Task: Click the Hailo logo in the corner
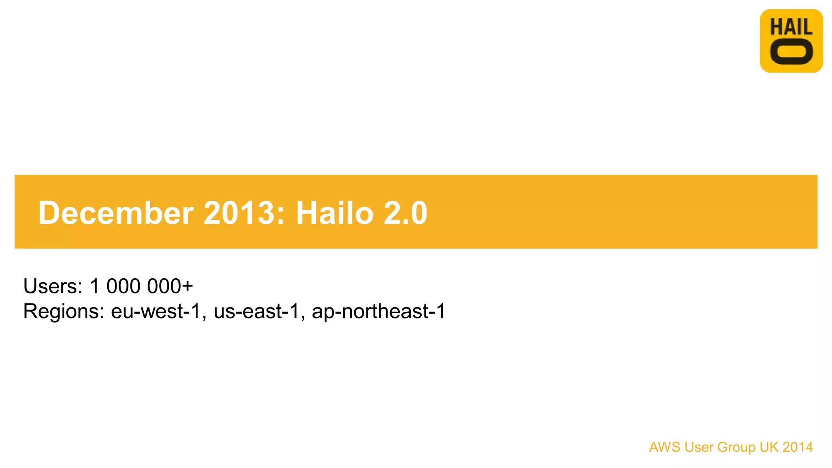[x=791, y=41]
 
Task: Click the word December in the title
[x=116, y=212]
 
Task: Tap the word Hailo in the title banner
[x=334, y=212]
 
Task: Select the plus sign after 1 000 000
[x=187, y=286]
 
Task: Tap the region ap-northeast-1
[x=378, y=311]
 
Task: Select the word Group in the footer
[x=737, y=447]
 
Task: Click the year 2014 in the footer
[x=797, y=447]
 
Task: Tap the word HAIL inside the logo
[x=791, y=27]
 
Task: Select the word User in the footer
[x=699, y=447]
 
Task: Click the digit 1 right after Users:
[x=95, y=286]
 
